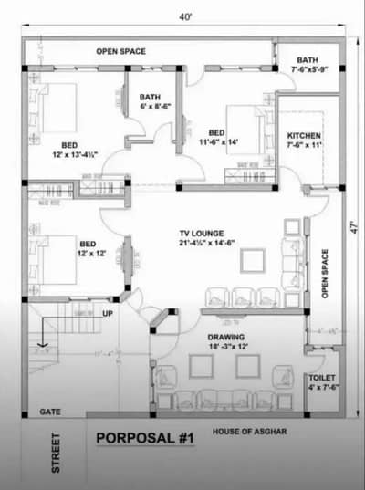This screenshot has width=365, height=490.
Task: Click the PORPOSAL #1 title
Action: [x=146, y=439]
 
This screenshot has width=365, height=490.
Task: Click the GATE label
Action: [x=50, y=412]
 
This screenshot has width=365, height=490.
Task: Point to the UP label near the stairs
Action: [x=108, y=314]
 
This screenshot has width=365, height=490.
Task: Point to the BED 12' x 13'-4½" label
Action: [x=70, y=151]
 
